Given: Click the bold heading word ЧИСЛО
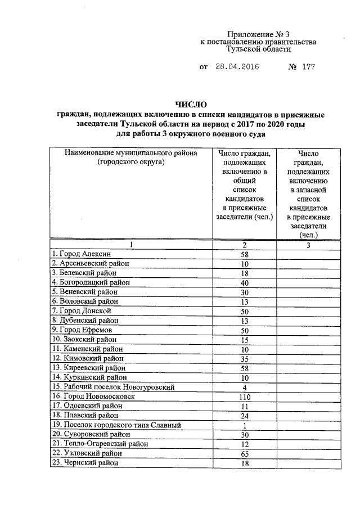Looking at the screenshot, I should [x=191, y=105].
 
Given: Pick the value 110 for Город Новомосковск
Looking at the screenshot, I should [x=245, y=396].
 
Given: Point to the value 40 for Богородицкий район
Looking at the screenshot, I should [x=245, y=282].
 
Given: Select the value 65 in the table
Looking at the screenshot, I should [x=245, y=453].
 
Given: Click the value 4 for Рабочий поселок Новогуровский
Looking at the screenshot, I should [x=245, y=387].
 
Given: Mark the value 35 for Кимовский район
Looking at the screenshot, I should [x=245, y=358].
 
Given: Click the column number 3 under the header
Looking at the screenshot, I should [x=309, y=245].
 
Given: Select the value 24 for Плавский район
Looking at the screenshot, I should [x=245, y=415].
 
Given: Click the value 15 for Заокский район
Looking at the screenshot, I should [x=245, y=339].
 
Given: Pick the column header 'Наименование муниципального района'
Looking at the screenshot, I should [x=130, y=153].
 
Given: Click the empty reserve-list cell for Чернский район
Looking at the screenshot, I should [x=309, y=462].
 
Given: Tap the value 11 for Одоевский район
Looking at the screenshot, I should [x=245, y=406].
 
